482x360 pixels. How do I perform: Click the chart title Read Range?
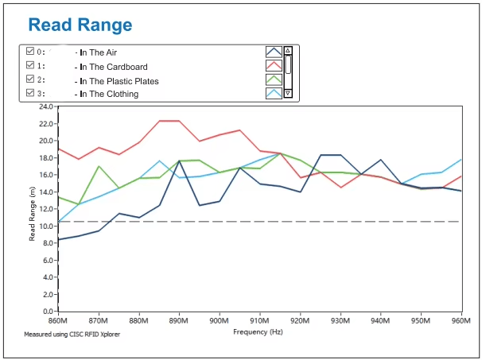click(x=80, y=25)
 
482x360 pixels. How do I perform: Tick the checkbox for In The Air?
click(x=30, y=51)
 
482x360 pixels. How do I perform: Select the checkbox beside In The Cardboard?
click(x=30, y=65)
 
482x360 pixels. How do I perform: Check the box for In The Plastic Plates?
click(x=30, y=79)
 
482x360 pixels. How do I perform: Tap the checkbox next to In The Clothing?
click(x=30, y=92)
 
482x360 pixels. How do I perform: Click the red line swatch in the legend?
click(x=274, y=65)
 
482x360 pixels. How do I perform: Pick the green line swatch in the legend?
click(x=274, y=79)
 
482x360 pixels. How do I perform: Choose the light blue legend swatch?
click(x=274, y=94)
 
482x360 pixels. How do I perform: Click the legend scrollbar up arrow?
click(x=288, y=50)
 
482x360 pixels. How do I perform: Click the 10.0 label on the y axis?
click(x=45, y=226)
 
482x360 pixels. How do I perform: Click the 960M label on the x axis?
click(x=461, y=321)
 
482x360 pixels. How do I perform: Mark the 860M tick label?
click(x=58, y=321)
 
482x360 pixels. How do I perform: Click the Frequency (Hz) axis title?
click(x=258, y=332)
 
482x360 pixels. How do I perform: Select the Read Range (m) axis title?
click(x=32, y=214)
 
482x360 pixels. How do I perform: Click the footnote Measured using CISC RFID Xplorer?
click(x=72, y=335)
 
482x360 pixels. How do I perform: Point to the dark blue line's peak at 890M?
click(x=179, y=161)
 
